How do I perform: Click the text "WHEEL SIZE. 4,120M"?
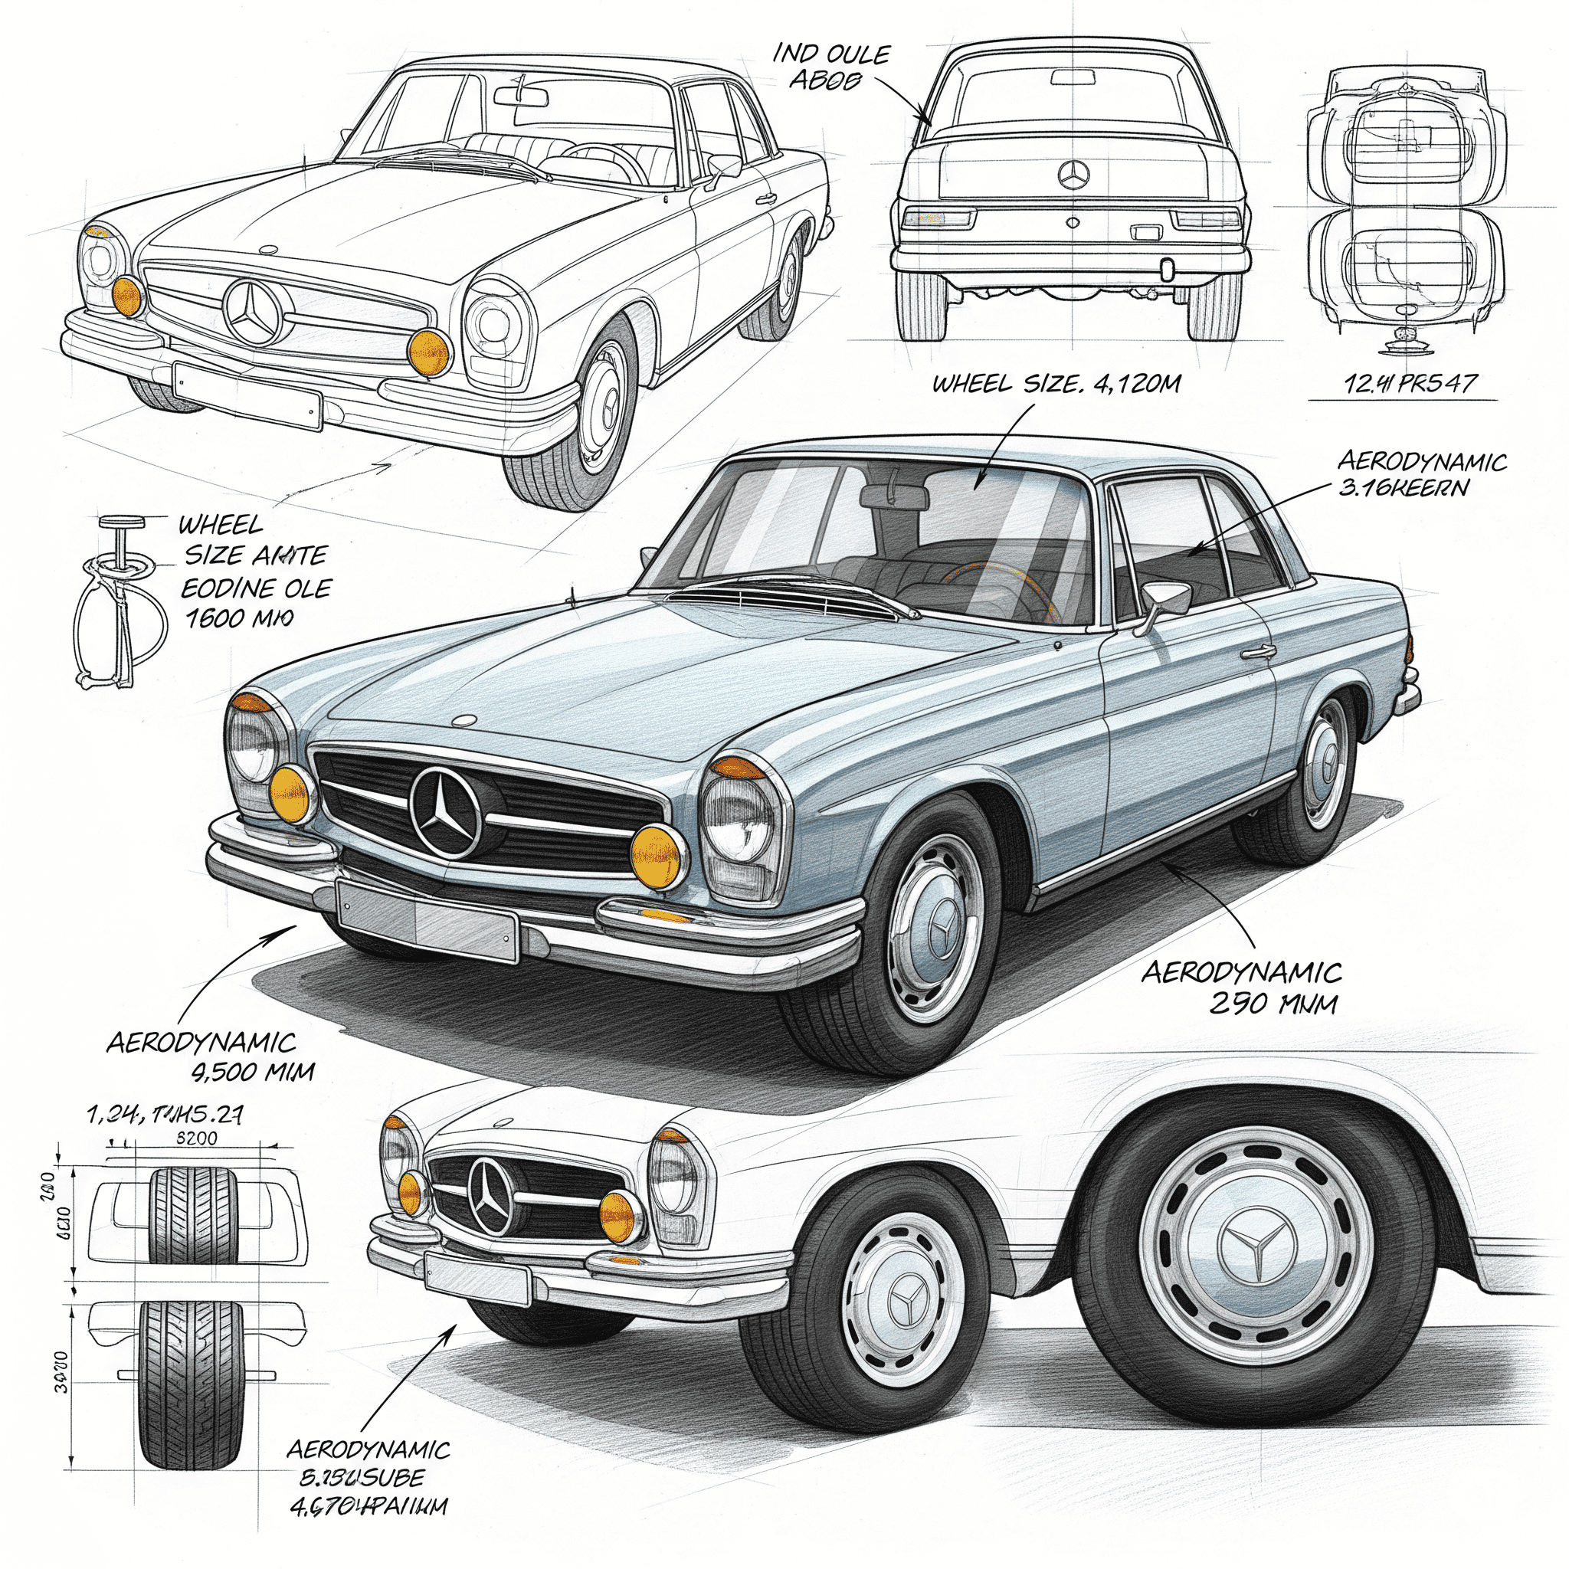[1055, 383]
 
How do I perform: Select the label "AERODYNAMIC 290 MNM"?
[1242, 987]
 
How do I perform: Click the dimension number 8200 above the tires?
[197, 1138]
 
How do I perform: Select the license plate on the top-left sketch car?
[247, 395]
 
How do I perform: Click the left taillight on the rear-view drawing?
[938, 218]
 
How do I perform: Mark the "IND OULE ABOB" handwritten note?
[830, 67]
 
